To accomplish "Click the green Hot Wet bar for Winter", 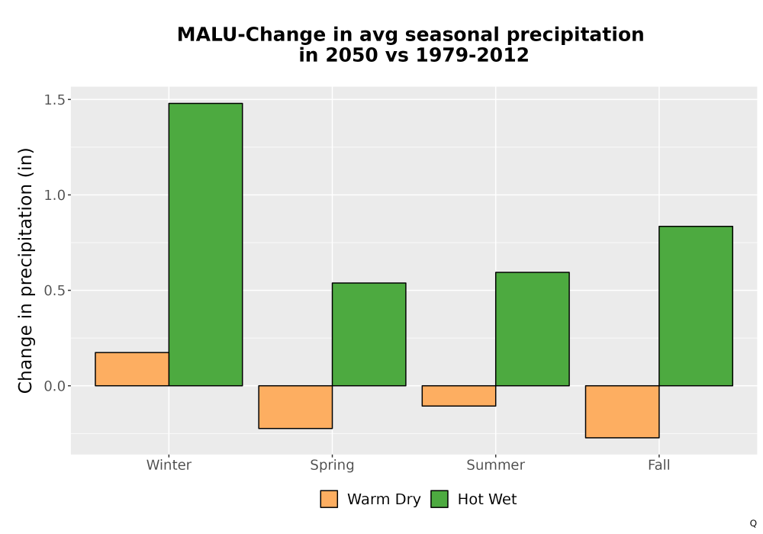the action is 205,245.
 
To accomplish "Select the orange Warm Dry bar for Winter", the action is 132,369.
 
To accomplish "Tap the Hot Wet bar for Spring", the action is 369,334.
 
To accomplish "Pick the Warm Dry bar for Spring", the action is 295,407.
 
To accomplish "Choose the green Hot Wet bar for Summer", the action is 533,329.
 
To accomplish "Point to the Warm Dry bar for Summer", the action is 459,396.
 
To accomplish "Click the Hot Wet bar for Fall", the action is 696,306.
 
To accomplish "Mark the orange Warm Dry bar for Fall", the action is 623,412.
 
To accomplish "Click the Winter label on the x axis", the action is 169,465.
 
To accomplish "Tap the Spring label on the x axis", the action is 333,465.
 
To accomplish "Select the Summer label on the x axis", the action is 496,465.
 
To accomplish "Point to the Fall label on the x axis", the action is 659,465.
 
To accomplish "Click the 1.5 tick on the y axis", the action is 54,100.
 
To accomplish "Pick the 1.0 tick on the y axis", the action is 54,195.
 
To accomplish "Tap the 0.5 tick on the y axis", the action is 54,291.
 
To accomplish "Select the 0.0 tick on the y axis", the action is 54,386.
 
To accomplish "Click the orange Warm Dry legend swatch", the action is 329,499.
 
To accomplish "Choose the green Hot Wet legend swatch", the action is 439,499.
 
